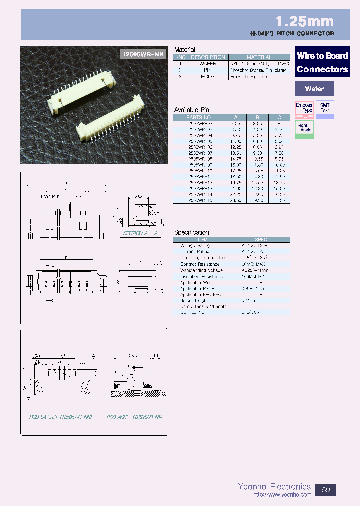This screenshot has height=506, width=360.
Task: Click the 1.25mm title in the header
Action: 304,21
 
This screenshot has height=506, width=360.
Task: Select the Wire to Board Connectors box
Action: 322,62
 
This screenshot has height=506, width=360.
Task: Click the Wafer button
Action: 314,89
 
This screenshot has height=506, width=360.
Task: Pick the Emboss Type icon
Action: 304,108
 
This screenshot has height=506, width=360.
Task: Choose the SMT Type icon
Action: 325,108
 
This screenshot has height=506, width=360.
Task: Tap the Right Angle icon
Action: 304,128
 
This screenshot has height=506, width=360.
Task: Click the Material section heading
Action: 184,50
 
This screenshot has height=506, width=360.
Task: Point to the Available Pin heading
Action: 191,110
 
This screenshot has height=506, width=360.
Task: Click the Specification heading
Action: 191,232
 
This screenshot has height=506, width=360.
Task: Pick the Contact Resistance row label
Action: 200,264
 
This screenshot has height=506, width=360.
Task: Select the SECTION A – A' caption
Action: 140,233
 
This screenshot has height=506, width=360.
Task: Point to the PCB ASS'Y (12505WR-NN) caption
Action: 135,416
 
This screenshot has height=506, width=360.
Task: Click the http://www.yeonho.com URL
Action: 282,495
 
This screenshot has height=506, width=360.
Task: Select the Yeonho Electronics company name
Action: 274,486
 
